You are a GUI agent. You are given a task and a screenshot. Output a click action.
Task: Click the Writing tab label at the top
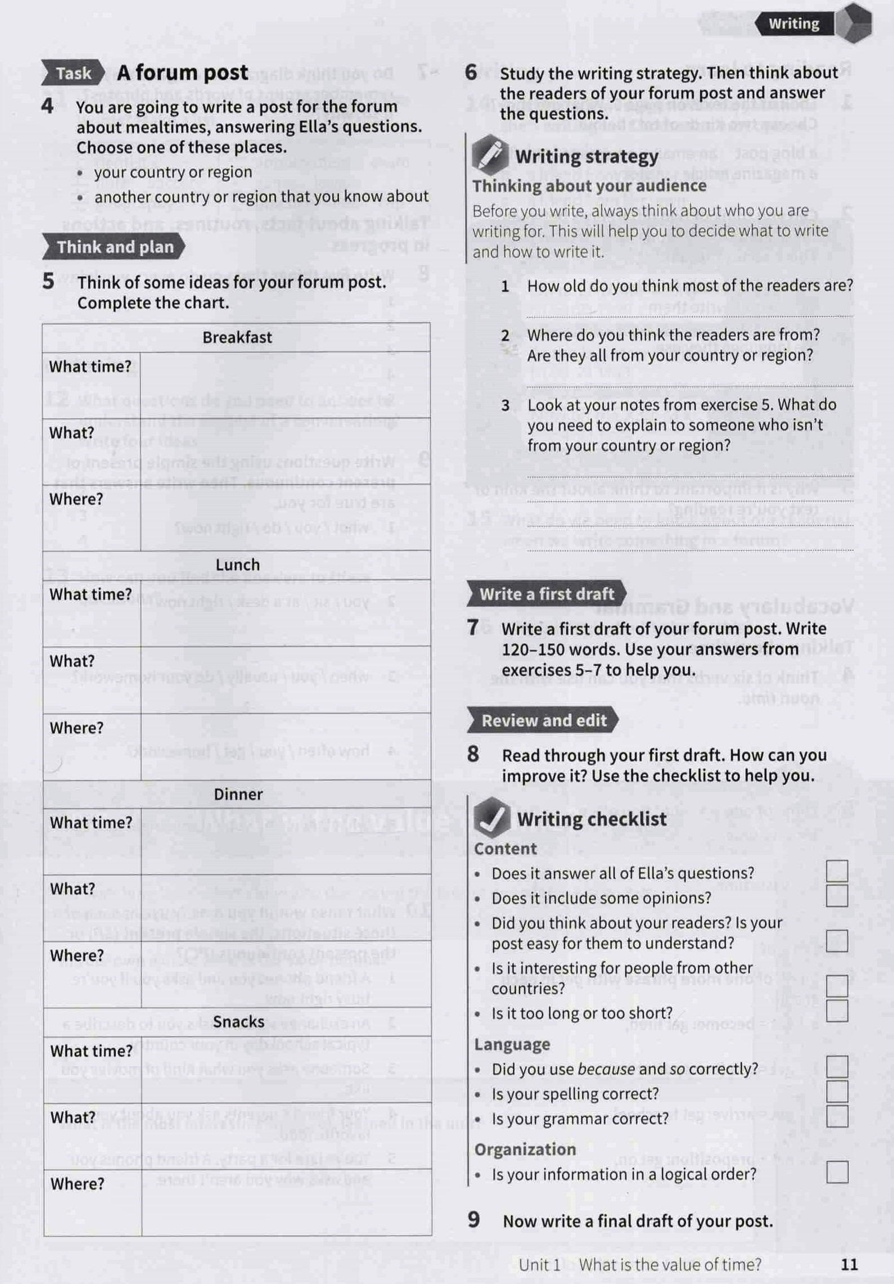[x=793, y=24]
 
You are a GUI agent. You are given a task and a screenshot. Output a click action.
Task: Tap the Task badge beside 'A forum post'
[x=73, y=74]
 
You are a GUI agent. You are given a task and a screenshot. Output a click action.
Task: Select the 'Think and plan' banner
[x=115, y=247]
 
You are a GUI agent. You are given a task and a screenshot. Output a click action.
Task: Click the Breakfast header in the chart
[x=237, y=338]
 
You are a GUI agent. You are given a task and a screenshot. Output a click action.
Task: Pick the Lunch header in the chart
[x=238, y=565]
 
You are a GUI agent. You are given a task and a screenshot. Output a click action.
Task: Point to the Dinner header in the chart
[x=238, y=794]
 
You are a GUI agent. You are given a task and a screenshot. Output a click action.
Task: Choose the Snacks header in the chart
[x=239, y=1022]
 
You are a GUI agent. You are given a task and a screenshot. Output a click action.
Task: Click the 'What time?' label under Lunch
[x=90, y=594]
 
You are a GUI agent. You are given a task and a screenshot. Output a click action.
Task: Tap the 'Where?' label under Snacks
[x=77, y=1184]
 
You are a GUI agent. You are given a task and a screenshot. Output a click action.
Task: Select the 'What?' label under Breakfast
[x=71, y=433]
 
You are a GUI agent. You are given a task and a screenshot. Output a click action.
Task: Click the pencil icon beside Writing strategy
[x=489, y=154]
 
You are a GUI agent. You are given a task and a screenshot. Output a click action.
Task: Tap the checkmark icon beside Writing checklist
[x=491, y=818]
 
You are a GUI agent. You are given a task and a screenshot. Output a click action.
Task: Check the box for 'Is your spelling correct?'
[x=837, y=1092]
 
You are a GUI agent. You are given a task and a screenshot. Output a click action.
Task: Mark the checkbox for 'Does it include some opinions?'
[x=837, y=896]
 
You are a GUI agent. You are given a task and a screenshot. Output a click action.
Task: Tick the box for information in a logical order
[x=837, y=1172]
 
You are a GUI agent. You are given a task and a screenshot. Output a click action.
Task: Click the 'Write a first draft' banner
[x=546, y=594]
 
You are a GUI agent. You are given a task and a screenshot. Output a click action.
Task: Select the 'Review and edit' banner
[x=544, y=721]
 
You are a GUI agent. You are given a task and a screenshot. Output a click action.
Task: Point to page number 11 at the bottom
[x=849, y=1265]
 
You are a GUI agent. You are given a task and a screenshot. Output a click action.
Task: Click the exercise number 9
[x=474, y=1220]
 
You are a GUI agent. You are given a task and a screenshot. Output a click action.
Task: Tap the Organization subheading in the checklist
[x=525, y=1150]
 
